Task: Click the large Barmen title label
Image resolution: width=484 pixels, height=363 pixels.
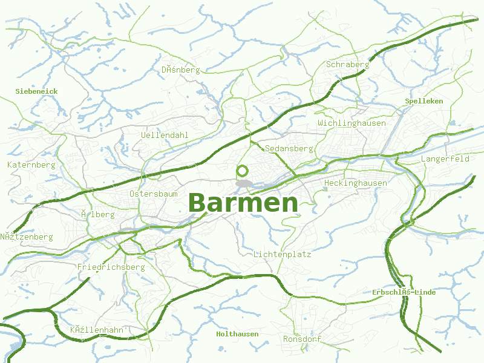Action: [x=243, y=203]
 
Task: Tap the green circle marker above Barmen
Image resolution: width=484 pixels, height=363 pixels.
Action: [x=243, y=171]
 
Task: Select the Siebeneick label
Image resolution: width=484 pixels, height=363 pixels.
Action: [x=36, y=91]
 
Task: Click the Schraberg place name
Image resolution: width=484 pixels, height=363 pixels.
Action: [x=347, y=65]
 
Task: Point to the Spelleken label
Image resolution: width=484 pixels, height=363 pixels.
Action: [x=424, y=101]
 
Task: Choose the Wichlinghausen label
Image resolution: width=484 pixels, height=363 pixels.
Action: [x=352, y=123]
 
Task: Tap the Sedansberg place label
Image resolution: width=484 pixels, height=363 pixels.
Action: [x=289, y=148]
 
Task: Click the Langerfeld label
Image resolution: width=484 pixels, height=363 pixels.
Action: [x=445, y=159]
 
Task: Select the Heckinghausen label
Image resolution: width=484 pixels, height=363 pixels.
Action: [x=355, y=183]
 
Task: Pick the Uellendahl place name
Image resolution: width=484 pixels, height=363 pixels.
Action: [x=165, y=135]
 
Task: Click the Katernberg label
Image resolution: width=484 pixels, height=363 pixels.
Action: [x=31, y=165]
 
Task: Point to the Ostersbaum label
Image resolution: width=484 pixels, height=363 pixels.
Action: [x=154, y=194]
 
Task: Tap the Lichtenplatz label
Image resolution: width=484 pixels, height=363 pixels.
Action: [x=283, y=255]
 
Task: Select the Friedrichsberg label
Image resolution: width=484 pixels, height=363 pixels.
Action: [x=111, y=267]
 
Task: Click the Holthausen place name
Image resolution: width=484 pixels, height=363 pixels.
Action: [x=237, y=334]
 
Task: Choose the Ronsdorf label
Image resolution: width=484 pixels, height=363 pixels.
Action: [x=302, y=339]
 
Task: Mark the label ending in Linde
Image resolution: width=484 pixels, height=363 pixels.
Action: [x=404, y=292]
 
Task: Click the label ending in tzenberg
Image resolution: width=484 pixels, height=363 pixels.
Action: [x=27, y=237]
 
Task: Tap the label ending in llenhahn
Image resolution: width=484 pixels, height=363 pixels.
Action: [x=97, y=330]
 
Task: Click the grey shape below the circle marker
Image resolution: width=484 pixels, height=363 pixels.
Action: [x=244, y=183]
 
